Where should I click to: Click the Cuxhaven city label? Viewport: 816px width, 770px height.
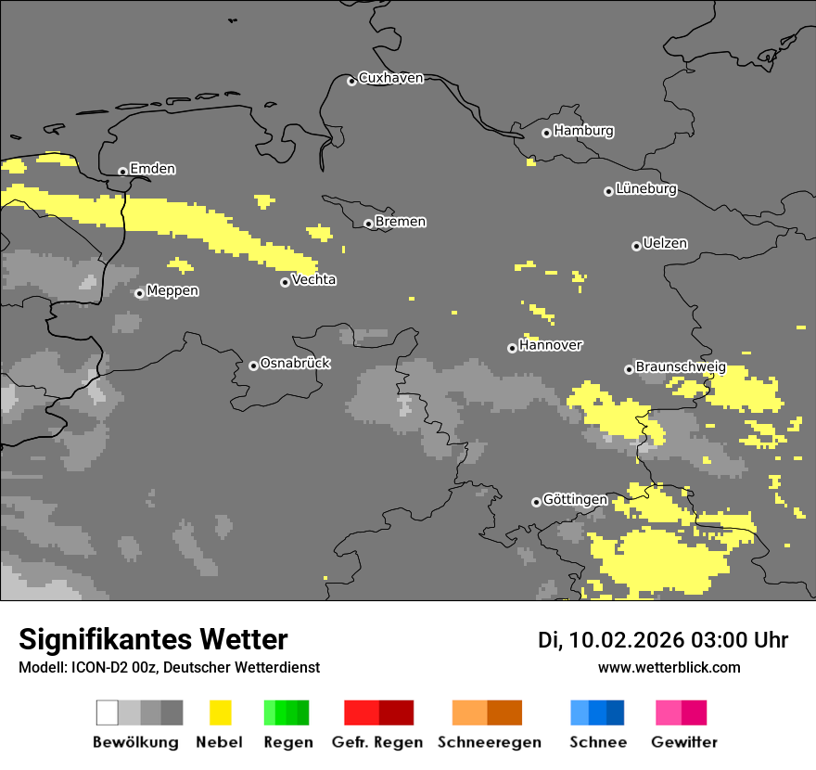390,78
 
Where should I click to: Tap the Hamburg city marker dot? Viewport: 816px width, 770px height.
546,133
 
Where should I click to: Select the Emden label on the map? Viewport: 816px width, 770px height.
152,169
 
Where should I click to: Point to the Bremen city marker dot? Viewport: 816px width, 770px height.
368,224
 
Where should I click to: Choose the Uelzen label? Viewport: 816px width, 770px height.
665,243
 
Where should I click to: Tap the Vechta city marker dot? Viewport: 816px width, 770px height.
285,282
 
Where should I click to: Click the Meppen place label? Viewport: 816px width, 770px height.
172,291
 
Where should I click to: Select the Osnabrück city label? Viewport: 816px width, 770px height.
295,364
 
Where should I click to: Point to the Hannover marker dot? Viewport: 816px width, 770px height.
512,348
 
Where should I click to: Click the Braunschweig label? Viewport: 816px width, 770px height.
681,367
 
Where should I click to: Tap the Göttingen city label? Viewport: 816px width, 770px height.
575,500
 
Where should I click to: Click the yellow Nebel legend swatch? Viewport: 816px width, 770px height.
220,712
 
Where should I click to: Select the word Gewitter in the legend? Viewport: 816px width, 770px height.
684,742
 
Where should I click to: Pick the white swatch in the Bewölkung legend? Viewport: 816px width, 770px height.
108,712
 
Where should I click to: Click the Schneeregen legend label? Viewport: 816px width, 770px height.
490,742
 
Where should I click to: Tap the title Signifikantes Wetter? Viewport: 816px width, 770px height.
153,640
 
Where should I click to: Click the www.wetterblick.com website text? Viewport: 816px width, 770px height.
669,668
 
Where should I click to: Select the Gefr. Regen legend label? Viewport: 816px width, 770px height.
377,742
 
